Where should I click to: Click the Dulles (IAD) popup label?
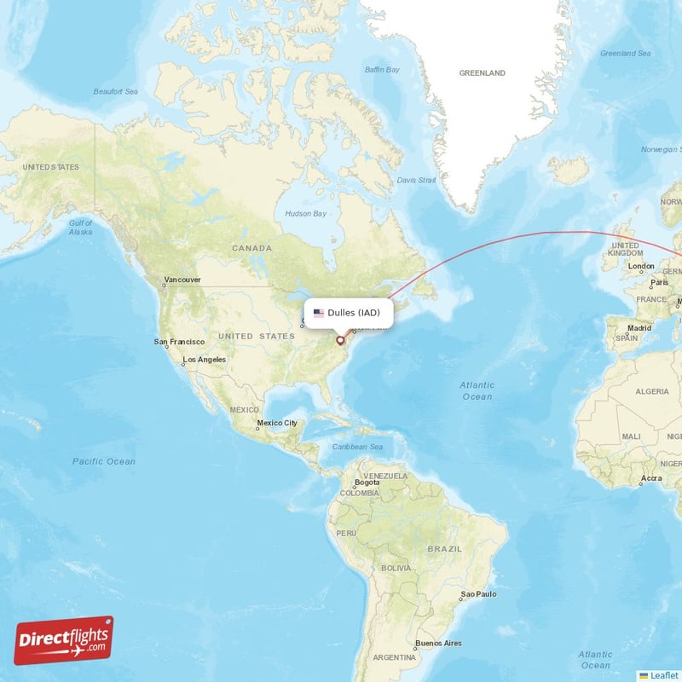(x=353, y=313)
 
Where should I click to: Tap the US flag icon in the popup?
(x=319, y=313)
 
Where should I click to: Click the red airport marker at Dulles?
(x=340, y=340)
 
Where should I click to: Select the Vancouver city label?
(x=183, y=280)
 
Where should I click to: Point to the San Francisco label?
(x=179, y=342)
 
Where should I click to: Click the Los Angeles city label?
(x=205, y=360)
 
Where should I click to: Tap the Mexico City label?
(x=277, y=423)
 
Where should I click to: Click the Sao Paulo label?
(x=478, y=593)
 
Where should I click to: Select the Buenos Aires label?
(x=438, y=643)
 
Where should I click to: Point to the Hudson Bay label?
(x=305, y=213)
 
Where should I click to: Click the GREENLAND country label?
(x=483, y=73)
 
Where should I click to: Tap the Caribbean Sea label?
(x=358, y=447)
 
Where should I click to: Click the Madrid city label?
(x=639, y=327)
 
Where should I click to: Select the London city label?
(x=641, y=266)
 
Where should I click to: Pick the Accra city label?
(x=651, y=478)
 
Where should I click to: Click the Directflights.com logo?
(x=63, y=640)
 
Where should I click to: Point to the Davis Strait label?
(x=416, y=181)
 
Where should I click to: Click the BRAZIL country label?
(x=444, y=549)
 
